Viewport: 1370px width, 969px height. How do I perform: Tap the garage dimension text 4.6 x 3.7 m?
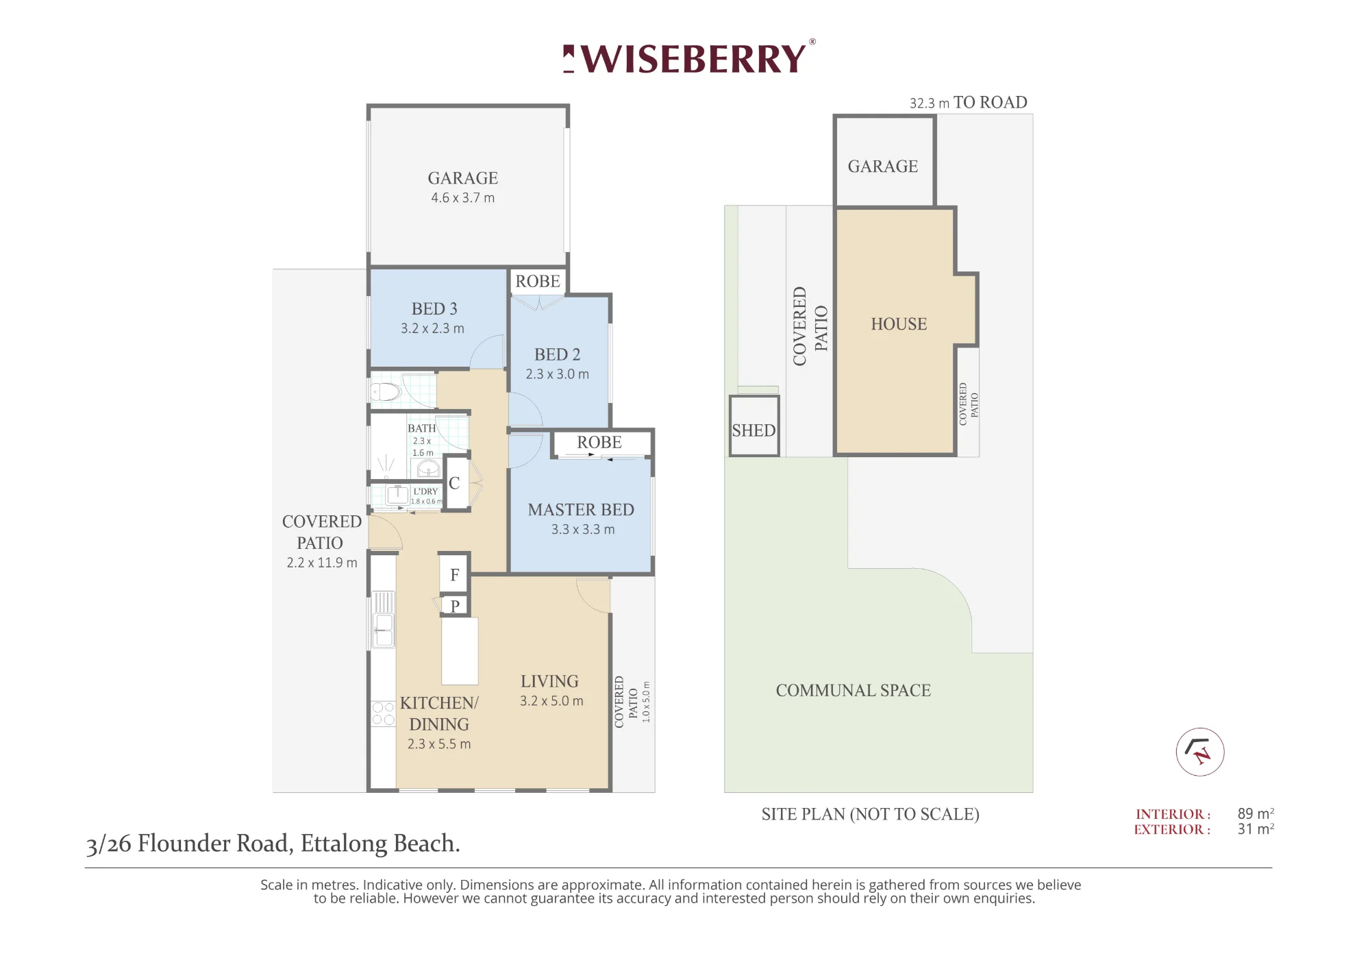click(x=462, y=198)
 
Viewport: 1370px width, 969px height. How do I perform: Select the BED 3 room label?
click(x=434, y=309)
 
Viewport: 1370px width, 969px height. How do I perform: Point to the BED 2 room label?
click(x=557, y=355)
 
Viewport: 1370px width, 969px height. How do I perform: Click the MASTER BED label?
click(x=581, y=510)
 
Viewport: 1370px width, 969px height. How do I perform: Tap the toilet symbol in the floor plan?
click(x=385, y=392)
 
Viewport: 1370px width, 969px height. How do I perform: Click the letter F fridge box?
click(x=454, y=574)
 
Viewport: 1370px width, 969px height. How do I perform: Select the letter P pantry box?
click(x=455, y=606)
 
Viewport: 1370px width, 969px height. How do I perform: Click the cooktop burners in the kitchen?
click(x=383, y=713)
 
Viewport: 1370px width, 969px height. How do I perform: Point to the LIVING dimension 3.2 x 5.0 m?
click(x=551, y=701)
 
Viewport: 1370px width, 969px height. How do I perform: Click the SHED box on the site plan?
click(x=754, y=426)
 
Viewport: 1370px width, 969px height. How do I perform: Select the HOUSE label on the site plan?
click(x=899, y=324)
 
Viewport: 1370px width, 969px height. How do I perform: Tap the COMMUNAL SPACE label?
click(x=853, y=691)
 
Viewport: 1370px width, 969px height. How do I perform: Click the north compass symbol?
click(x=1200, y=752)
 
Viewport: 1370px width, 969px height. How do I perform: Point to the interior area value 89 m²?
click(x=1256, y=813)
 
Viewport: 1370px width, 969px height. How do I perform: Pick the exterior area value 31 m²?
click(x=1256, y=829)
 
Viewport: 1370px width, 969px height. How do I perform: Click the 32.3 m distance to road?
click(x=930, y=103)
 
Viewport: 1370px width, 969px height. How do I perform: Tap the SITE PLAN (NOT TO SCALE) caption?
click(x=870, y=814)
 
